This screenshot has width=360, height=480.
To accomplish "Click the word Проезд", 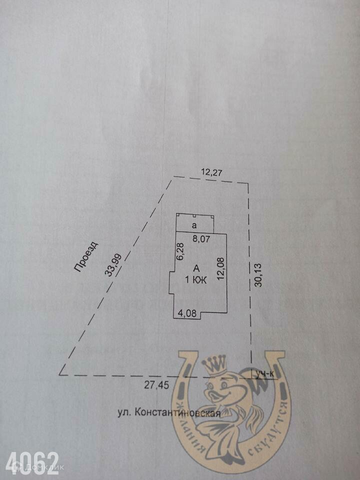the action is pos(86,257).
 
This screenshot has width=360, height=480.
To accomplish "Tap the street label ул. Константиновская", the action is pos(169,413).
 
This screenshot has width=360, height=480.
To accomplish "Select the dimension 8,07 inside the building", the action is pos(201,239).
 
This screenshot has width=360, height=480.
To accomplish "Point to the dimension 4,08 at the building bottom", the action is pos(188,313).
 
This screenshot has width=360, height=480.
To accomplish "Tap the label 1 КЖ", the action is pos(196,280).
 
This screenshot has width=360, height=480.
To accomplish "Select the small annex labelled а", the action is pos(194,224).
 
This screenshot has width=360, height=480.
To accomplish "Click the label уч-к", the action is pos(265,373).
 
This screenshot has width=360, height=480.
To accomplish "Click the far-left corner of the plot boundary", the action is pos(60,374).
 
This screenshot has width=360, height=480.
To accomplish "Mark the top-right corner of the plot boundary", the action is pos(248,182).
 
